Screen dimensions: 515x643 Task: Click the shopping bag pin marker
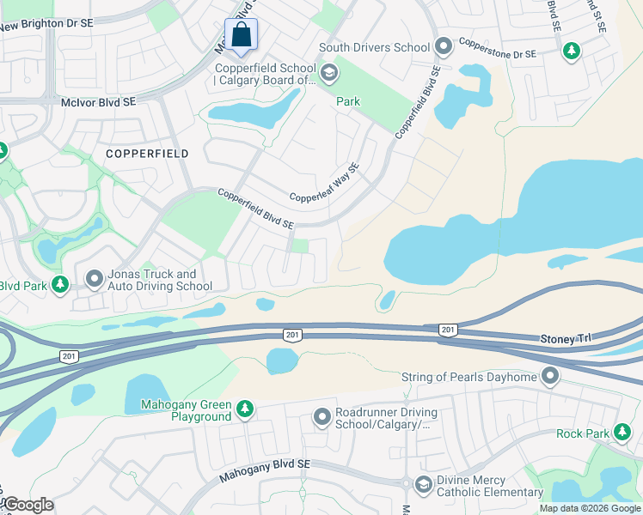(x=242, y=37)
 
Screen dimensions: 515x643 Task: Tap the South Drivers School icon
(x=444, y=45)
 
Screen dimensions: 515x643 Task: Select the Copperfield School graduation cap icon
(x=328, y=75)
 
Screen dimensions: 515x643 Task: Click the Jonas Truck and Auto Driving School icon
(x=95, y=279)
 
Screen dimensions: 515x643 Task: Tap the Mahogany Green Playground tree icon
(x=245, y=409)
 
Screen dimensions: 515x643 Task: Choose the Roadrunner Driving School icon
(x=322, y=417)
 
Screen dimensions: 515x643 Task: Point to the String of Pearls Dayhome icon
(x=550, y=376)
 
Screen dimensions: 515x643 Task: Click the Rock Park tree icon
(x=618, y=433)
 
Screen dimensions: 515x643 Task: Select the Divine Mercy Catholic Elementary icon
(x=423, y=485)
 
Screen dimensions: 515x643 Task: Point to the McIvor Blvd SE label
(x=98, y=102)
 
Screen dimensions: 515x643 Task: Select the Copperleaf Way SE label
(x=323, y=185)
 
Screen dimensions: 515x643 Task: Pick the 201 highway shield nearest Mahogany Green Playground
(x=69, y=355)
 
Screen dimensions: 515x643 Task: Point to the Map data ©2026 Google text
(x=590, y=508)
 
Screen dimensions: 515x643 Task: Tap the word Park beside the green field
(x=347, y=101)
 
